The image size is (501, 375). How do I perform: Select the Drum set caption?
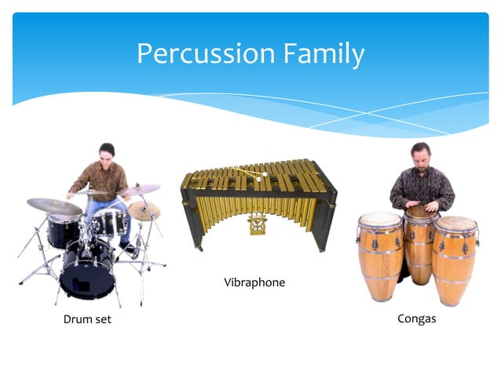pyautogui.click(x=87, y=319)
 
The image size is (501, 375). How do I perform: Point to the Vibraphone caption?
pyautogui.click(x=254, y=282)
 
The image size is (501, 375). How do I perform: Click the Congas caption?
pyautogui.click(x=416, y=319)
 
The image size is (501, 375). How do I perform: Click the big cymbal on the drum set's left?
pyautogui.click(x=54, y=206)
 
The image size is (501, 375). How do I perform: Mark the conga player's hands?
pyautogui.click(x=421, y=209)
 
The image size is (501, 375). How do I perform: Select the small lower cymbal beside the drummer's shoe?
pyautogui.click(x=144, y=210)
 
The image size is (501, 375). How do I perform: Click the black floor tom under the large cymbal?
pyautogui.click(x=63, y=231)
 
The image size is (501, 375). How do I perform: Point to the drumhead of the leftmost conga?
pyautogui.click(x=380, y=220)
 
